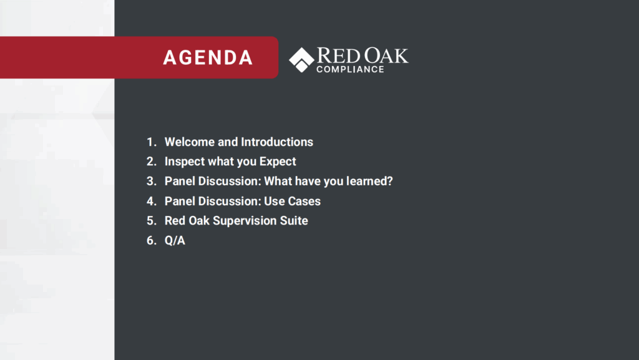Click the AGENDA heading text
(x=208, y=57)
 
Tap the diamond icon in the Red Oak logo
(x=301, y=60)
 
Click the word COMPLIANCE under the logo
(x=351, y=69)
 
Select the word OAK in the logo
(x=386, y=56)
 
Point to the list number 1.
(x=151, y=142)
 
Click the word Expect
(x=278, y=162)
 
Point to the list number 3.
(x=151, y=181)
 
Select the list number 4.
(x=151, y=201)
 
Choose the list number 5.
(x=151, y=221)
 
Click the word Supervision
(x=245, y=221)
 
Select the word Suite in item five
(x=294, y=221)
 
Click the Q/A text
(x=175, y=241)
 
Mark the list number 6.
(x=151, y=241)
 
